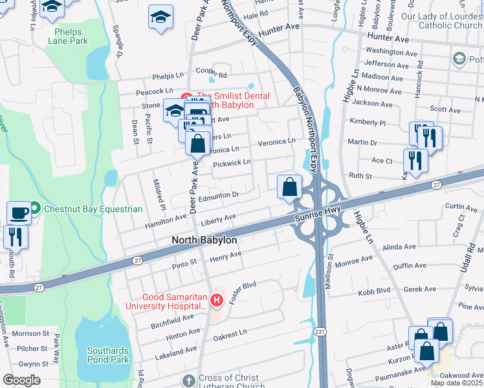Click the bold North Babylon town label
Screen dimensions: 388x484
pos(204,240)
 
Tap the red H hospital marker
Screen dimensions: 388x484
pos(216,301)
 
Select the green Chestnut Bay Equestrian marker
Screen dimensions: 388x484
pos(35,208)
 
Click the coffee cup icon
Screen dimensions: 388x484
pos(19,212)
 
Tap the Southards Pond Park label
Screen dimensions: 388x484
pos(107,355)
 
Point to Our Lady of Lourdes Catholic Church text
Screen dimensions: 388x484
pos(441,21)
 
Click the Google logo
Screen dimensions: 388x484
pos(21,380)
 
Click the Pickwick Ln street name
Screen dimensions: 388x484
pos(232,162)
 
